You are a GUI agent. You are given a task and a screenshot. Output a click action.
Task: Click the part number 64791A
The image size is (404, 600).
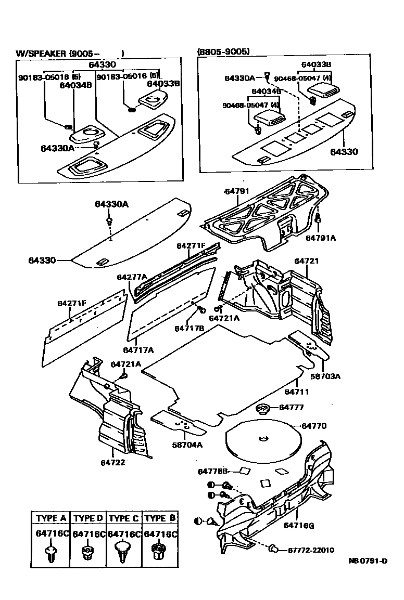tap(321, 238)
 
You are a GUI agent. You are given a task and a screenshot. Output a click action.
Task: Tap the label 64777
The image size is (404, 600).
tap(292, 408)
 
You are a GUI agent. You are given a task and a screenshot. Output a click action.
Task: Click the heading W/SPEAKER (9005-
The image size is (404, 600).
tap(70, 53)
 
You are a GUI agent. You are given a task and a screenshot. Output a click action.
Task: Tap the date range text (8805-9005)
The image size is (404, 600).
tap(223, 51)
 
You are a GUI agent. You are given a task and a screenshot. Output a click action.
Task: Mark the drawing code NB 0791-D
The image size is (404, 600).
tap(368, 561)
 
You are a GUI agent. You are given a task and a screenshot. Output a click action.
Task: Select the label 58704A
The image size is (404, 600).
tap(188, 445)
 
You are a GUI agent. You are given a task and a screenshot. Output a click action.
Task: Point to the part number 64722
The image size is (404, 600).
tap(113, 461)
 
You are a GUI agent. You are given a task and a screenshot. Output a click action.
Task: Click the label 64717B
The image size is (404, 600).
tap(189, 329)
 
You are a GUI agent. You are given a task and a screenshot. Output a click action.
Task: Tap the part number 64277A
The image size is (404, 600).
tap(132, 277)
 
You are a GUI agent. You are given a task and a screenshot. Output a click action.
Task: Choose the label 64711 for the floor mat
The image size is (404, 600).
tap(297, 391)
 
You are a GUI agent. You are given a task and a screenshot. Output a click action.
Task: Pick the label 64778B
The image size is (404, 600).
tap(213, 472)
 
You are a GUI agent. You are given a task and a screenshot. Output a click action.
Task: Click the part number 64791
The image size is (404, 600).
tap(237, 191)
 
